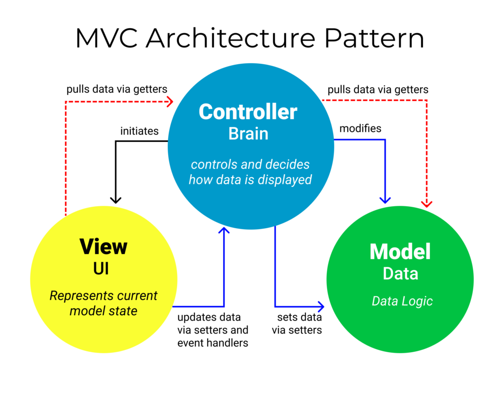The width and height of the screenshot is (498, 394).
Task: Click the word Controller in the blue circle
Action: [248, 112]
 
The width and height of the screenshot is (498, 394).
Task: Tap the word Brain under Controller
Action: [248, 133]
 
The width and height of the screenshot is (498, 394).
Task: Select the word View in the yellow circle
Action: [103, 247]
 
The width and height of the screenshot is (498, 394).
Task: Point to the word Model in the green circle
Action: [400, 251]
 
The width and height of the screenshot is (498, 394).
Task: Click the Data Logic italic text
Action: [402, 301]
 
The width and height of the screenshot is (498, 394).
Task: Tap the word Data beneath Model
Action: [400, 273]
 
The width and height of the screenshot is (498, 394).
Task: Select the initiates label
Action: [140, 131]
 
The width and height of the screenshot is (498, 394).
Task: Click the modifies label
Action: [360, 129]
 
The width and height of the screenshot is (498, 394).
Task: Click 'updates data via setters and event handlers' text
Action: [213, 330]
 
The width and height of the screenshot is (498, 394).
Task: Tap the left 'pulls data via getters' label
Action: [117, 90]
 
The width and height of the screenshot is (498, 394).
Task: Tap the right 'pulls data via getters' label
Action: [378, 90]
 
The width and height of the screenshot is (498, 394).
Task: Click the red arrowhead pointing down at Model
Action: [427, 203]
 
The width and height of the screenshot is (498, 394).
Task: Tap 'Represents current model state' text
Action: [104, 303]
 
